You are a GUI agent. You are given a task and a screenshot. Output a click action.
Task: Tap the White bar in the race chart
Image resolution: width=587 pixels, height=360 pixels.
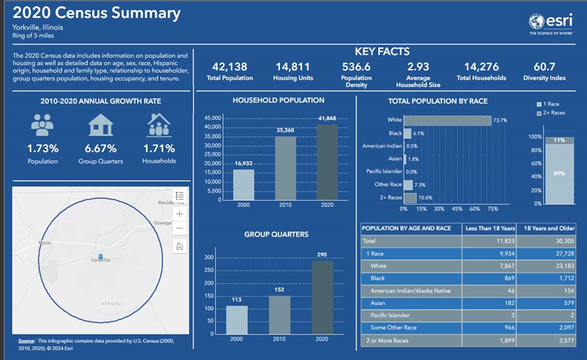pyautogui.click(x=447, y=120)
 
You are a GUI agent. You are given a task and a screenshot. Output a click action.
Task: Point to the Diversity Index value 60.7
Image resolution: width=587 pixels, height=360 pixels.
pyautogui.click(x=544, y=67)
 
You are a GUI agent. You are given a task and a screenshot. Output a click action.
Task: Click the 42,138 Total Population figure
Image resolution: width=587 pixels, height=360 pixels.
pyautogui.click(x=230, y=67)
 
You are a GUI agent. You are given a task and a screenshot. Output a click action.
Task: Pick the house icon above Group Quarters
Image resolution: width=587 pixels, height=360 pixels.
pyautogui.click(x=100, y=125)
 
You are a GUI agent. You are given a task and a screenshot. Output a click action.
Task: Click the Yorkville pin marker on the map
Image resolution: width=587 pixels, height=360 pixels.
pyautogui.click(x=100, y=256)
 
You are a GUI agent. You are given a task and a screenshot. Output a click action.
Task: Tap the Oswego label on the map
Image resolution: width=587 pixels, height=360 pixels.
pyautogui.click(x=162, y=223)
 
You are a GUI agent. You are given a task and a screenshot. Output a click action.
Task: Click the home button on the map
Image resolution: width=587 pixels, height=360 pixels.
pyautogui.click(x=180, y=246)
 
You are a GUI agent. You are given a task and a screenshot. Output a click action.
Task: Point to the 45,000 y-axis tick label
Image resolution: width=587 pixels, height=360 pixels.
pyautogui.click(x=213, y=118)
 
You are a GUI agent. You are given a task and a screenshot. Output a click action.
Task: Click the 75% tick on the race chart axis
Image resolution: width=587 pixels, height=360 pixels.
pyautogui.click(x=492, y=209)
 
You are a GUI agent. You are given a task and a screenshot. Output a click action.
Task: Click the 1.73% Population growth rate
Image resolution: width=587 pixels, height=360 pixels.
pyautogui.click(x=43, y=148)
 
